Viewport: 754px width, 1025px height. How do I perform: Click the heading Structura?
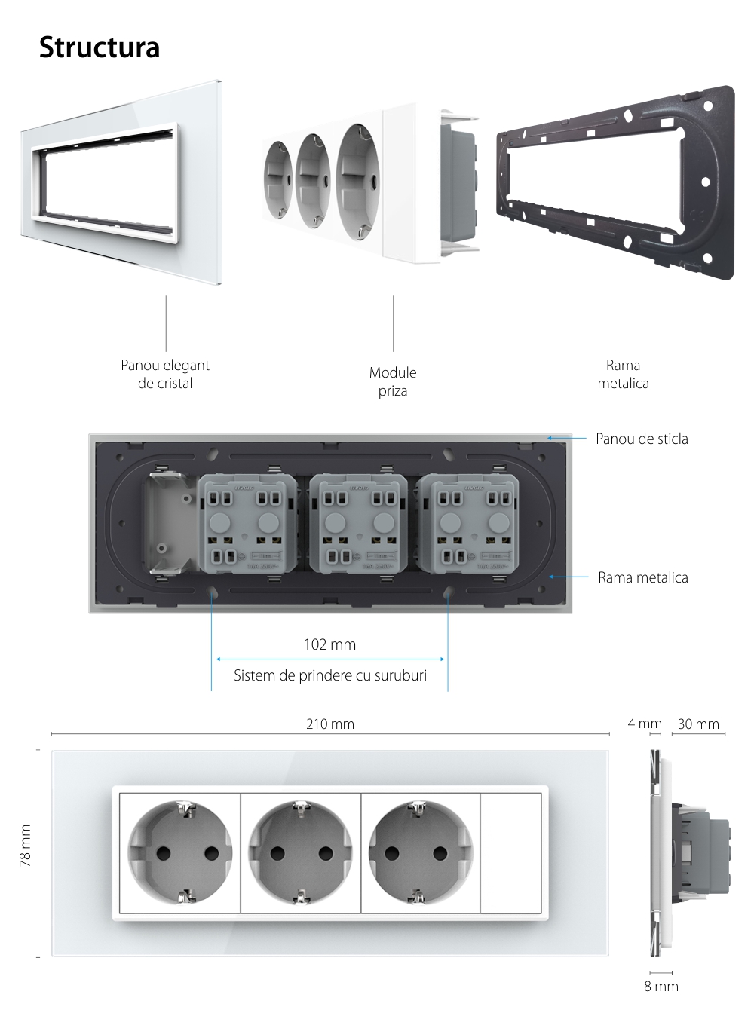coord(100,47)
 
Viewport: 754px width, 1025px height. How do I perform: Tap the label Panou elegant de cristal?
coord(165,374)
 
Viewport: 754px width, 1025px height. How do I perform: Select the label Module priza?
coord(393,381)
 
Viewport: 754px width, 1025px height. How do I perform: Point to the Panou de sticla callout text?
coord(642,439)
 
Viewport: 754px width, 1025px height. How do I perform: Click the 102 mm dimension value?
coord(329,644)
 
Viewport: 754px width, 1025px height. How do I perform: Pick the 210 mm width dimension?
coord(330,724)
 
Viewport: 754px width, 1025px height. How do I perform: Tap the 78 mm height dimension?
coord(26,846)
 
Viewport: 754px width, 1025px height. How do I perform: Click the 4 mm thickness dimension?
coord(644,724)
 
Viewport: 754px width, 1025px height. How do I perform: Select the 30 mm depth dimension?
coord(698,724)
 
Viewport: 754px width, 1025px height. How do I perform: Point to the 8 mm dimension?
coord(661,986)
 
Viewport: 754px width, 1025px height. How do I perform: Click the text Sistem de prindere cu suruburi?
coord(330,675)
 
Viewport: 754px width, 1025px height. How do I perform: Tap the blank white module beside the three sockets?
coord(511,853)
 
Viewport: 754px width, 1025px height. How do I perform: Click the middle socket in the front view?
coord(301,853)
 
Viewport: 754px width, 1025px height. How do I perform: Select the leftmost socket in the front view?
coord(180,853)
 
